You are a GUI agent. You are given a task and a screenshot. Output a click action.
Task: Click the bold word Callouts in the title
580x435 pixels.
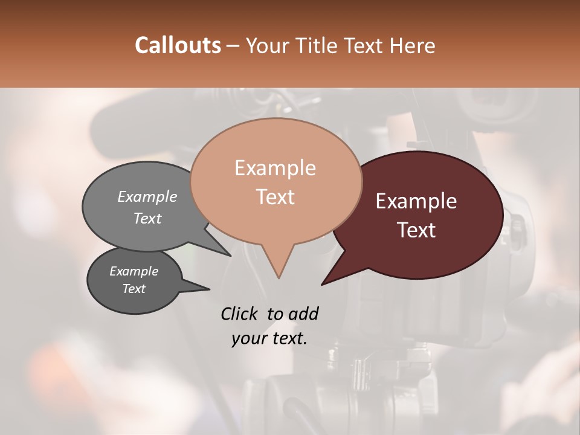(178, 45)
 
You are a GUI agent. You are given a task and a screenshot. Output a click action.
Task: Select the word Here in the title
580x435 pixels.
(413, 45)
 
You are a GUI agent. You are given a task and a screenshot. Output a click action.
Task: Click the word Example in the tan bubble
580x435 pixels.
(275, 168)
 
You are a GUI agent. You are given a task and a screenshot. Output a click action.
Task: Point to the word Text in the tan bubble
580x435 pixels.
(275, 197)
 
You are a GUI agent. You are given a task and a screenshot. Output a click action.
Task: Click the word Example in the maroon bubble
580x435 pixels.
(416, 201)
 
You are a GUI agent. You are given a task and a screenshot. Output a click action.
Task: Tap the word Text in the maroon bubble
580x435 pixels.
(416, 230)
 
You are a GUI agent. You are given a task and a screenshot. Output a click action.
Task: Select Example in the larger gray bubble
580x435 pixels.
(147, 197)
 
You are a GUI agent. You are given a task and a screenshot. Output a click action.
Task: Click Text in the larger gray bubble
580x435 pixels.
(147, 219)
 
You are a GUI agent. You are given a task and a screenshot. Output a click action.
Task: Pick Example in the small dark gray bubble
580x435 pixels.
(134, 271)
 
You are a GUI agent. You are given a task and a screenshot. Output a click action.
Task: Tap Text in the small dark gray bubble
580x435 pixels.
(134, 289)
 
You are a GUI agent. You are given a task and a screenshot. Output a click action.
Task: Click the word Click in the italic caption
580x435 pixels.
(240, 314)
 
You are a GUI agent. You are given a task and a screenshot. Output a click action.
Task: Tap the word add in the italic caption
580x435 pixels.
(303, 314)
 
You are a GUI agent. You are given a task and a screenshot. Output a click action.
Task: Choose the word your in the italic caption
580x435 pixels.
(248, 338)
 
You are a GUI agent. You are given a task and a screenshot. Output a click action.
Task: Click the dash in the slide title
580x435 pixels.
(234, 46)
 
